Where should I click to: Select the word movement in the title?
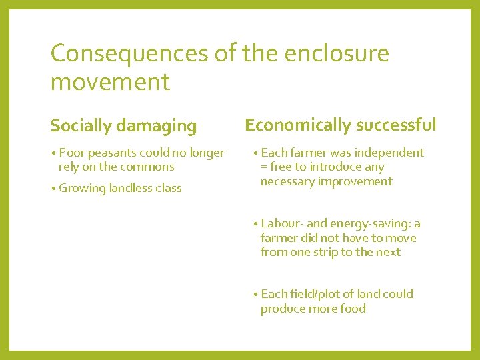tap(110, 83)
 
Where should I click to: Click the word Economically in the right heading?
tap(298, 125)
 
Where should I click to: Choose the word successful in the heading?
tap(397, 125)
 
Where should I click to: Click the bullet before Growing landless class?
tap(53, 188)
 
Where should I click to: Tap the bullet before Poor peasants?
tap(53, 153)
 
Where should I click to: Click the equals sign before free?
tap(264, 167)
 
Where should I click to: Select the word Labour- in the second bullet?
tap(281, 223)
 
